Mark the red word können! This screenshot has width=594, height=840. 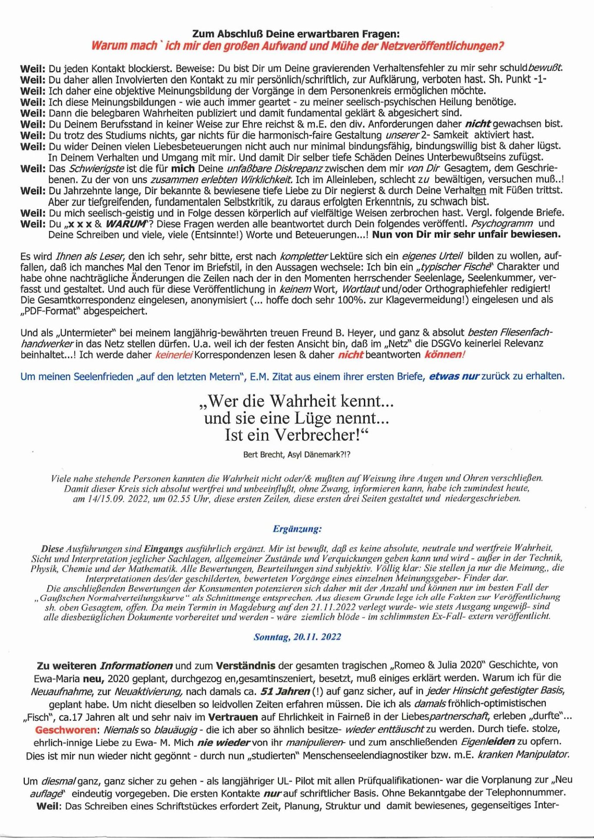click(x=444, y=355)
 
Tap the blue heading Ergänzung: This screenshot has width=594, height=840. click(x=297, y=529)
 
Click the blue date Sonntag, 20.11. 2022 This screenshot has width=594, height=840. click(x=297, y=637)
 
